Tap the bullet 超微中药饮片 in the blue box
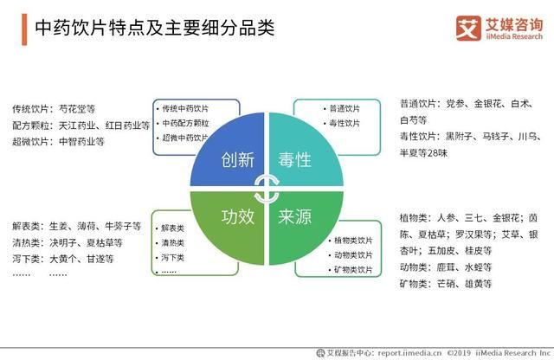pos(185,138)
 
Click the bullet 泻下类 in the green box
pos(173,257)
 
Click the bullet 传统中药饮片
pos(185,109)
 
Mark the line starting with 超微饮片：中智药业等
pos(58,142)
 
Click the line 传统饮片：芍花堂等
pos(54,110)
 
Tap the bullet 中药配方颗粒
pos(185,123)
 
